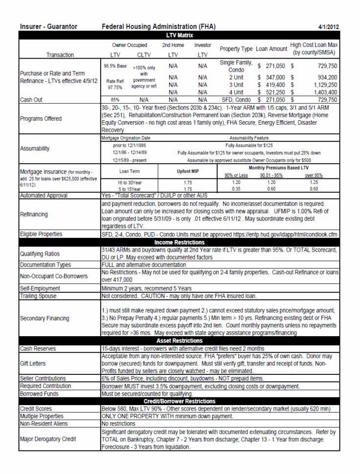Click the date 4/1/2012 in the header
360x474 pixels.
328,27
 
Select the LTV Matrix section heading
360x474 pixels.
180,35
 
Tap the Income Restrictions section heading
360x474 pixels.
180,242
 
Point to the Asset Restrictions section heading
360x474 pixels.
180,341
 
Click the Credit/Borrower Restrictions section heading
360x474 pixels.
180,401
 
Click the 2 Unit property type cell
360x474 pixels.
236,77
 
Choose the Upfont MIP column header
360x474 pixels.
188,172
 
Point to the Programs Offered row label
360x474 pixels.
41,119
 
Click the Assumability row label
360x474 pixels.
35,149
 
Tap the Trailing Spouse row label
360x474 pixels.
38,296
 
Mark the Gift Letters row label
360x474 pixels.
33,364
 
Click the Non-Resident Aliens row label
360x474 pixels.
44,424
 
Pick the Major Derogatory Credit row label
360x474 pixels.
48,439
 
